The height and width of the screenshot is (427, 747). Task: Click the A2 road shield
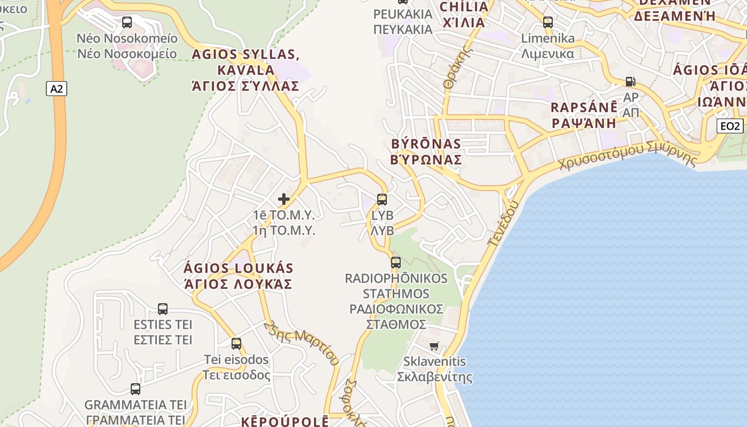click(57, 89)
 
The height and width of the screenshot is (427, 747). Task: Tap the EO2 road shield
click(729, 126)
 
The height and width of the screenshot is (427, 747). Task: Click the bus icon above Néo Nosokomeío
click(127, 22)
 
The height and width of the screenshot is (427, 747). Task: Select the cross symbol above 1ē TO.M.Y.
click(284, 199)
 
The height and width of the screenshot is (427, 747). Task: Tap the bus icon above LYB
click(382, 200)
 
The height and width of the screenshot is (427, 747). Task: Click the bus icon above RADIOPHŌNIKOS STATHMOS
click(395, 263)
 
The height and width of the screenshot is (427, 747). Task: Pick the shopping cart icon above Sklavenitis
click(434, 346)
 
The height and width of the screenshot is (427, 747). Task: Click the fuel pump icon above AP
click(631, 82)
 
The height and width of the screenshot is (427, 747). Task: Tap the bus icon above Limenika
click(548, 22)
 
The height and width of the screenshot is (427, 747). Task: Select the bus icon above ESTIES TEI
click(163, 309)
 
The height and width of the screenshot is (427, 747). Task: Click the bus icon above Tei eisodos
click(236, 344)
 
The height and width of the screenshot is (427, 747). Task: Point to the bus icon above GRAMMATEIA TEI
click(136, 389)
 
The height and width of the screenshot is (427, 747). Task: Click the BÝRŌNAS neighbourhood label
click(426, 152)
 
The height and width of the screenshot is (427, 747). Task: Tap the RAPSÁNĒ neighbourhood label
click(584, 115)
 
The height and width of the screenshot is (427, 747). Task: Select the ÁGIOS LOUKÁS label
click(238, 275)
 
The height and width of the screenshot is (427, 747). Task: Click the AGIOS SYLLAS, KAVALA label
click(245, 70)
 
